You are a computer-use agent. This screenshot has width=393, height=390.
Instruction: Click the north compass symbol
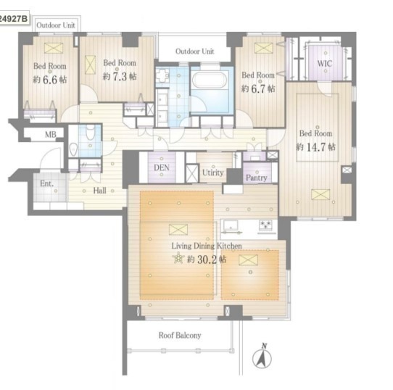pos(262,357)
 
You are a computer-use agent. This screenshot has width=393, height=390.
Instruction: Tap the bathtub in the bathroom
pos(210,80)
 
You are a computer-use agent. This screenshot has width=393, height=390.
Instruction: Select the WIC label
pos(325,63)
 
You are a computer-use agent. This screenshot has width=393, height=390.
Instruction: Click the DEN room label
pos(162,167)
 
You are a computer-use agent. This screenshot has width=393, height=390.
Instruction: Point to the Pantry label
pos(257,178)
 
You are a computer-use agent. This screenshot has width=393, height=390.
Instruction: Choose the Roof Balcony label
pos(180,335)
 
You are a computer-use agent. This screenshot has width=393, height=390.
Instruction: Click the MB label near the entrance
pos(50,135)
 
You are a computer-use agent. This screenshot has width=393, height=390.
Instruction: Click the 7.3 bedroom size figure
pos(120,76)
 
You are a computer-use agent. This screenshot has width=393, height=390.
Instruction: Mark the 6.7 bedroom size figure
pos(258,88)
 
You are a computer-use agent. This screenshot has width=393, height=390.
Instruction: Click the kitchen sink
pos(231,225)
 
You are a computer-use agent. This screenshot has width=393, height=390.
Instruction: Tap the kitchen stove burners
pos(265,224)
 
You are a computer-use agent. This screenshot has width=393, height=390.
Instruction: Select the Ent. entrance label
pos(47,183)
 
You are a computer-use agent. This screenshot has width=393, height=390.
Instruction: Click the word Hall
pos(99,191)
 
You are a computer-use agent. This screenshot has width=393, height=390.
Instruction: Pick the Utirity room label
pos(212,173)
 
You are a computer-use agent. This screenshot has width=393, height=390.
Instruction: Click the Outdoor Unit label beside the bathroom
pos(195,51)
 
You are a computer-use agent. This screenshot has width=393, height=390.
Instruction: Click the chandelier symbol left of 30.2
pos(178,258)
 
